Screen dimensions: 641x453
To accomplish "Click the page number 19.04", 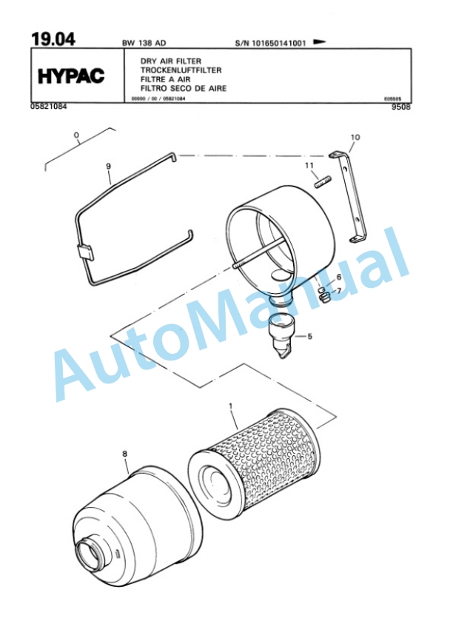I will (x=54, y=39).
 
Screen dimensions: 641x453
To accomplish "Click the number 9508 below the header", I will (x=400, y=107).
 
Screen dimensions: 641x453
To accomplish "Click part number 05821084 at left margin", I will (x=50, y=107).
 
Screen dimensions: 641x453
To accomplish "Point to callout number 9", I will (x=109, y=167).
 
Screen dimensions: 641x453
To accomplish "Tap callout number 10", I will (x=355, y=138).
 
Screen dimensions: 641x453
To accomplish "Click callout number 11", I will (x=309, y=165).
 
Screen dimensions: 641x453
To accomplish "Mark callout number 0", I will (x=76, y=135).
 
